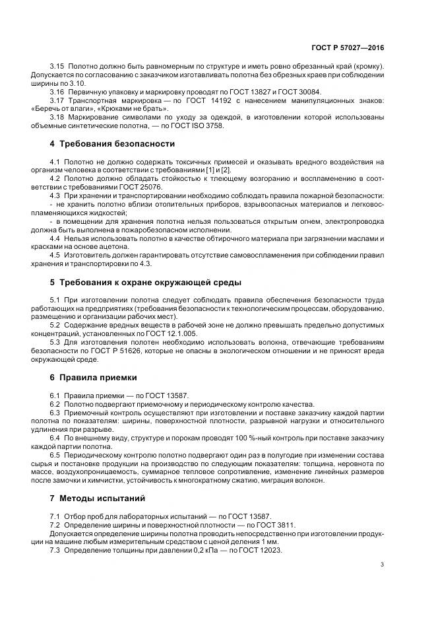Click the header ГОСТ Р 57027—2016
[348, 48]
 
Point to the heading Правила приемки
[93, 378]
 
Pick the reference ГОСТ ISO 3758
[199, 125]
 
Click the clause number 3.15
[57, 67]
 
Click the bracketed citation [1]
[210, 170]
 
